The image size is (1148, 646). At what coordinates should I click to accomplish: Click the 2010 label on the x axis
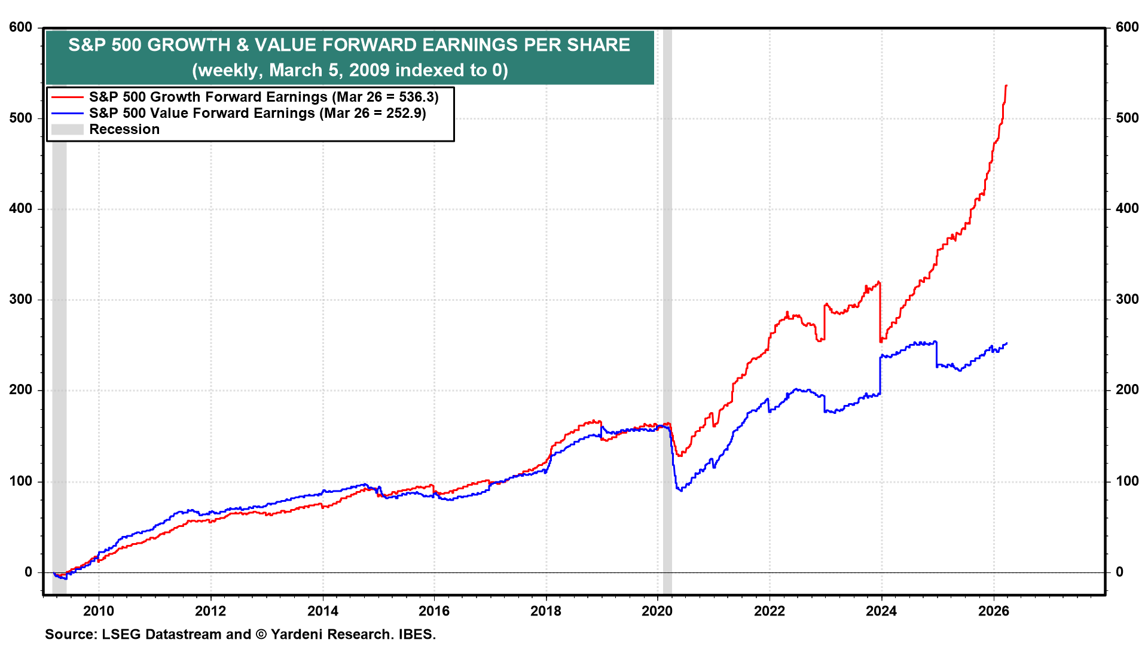coord(98,611)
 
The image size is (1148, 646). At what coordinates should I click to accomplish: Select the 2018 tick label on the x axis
coord(545,611)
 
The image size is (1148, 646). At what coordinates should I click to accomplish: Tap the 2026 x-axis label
coord(993,611)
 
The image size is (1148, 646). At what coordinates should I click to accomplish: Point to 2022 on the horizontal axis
coord(769,611)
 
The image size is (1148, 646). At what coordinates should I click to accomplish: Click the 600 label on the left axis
coord(21,28)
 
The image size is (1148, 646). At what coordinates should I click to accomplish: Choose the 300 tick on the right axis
coord(1127,299)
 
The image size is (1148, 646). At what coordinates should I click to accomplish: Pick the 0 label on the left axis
coord(28,572)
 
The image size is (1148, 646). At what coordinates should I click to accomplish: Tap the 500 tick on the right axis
coord(1127,118)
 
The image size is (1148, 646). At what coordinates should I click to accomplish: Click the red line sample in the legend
coord(67,97)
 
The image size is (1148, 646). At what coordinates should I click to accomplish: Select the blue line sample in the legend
coord(67,113)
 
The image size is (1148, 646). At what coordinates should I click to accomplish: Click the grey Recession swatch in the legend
coord(67,129)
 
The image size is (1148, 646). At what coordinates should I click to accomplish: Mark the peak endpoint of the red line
coord(1006,86)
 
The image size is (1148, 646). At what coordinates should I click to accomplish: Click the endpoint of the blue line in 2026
coord(1007,343)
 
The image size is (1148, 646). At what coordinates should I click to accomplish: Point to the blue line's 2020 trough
coord(680,490)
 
